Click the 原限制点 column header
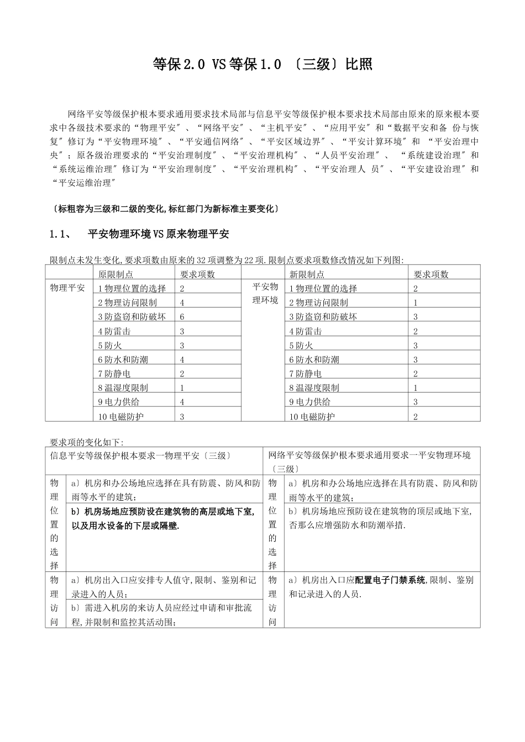coord(116,274)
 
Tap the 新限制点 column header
coord(307,274)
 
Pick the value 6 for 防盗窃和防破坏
coord(182,317)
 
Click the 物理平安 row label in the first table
coord(67,288)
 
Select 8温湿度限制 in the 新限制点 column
coord(314,388)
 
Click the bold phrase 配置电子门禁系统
coord(390,580)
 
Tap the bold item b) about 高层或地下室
coord(163,518)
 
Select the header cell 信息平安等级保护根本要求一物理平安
coord(141,455)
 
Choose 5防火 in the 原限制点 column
coord(110,346)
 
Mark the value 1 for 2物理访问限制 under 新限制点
coord(416,303)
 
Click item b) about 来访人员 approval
coord(161,614)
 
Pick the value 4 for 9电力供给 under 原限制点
coord(182,402)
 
